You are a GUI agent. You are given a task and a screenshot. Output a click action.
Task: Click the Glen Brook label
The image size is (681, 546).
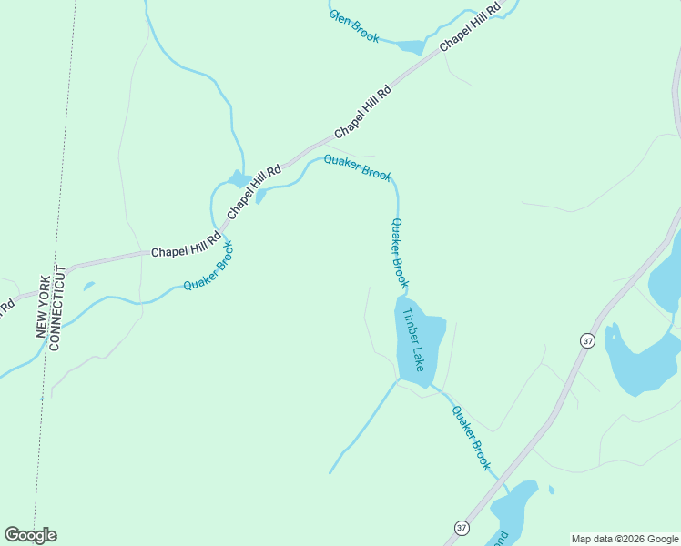(x=354, y=27)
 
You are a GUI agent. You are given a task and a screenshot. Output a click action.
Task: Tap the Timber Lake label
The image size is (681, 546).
(x=414, y=339)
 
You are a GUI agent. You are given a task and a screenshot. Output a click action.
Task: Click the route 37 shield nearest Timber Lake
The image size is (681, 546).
(x=587, y=340)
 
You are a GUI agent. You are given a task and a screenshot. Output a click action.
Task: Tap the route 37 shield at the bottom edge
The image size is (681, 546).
(x=462, y=528)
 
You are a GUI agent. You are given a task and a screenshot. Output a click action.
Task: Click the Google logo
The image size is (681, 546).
(x=30, y=535)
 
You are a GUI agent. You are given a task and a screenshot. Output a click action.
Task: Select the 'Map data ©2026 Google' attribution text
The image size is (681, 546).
(x=625, y=539)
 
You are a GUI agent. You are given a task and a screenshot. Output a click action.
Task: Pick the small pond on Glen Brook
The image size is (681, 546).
(x=411, y=46)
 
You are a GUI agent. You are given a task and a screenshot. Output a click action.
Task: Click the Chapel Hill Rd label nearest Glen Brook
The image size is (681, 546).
(x=470, y=27)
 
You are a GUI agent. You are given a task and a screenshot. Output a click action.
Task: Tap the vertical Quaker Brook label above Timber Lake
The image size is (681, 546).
(x=400, y=254)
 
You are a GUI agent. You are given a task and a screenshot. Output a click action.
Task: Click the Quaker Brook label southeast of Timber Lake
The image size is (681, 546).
(x=472, y=438)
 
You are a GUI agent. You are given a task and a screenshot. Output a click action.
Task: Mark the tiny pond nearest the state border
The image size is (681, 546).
(x=88, y=286)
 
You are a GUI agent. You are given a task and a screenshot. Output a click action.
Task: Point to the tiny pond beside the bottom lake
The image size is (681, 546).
(x=552, y=490)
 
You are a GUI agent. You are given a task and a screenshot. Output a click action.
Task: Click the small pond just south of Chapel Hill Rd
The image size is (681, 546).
(x=261, y=196)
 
